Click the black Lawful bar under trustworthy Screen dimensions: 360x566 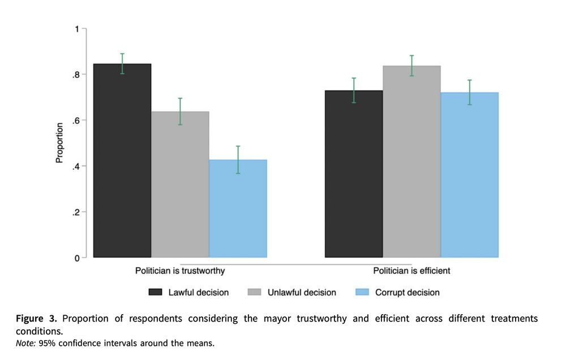click(x=122, y=161)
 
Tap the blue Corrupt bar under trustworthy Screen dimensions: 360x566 click(x=238, y=209)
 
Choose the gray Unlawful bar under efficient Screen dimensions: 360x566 click(x=411, y=162)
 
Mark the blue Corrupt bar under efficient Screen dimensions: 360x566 click(x=469, y=175)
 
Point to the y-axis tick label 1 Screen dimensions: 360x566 click(x=76, y=29)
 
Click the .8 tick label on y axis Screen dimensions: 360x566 click(x=75, y=75)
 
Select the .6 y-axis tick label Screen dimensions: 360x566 click(x=75, y=121)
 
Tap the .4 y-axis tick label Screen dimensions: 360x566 click(x=75, y=166)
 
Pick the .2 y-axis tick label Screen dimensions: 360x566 click(x=75, y=212)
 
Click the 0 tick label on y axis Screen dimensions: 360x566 click(x=76, y=258)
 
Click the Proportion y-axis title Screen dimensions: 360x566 click(x=59, y=143)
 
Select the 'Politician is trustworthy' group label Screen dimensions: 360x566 click(x=180, y=271)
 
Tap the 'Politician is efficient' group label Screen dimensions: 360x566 click(x=411, y=271)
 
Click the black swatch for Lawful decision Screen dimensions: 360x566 click(x=156, y=293)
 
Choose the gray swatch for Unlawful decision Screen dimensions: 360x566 click(x=255, y=293)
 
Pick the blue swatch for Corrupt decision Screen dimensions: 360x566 click(x=362, y=293)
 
